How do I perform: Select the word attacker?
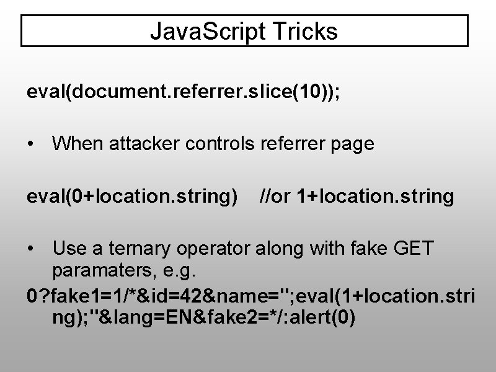139,144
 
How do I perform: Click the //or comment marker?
275,197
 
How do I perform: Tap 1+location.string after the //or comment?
376,197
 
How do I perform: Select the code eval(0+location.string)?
132,197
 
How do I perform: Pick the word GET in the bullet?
414,249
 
